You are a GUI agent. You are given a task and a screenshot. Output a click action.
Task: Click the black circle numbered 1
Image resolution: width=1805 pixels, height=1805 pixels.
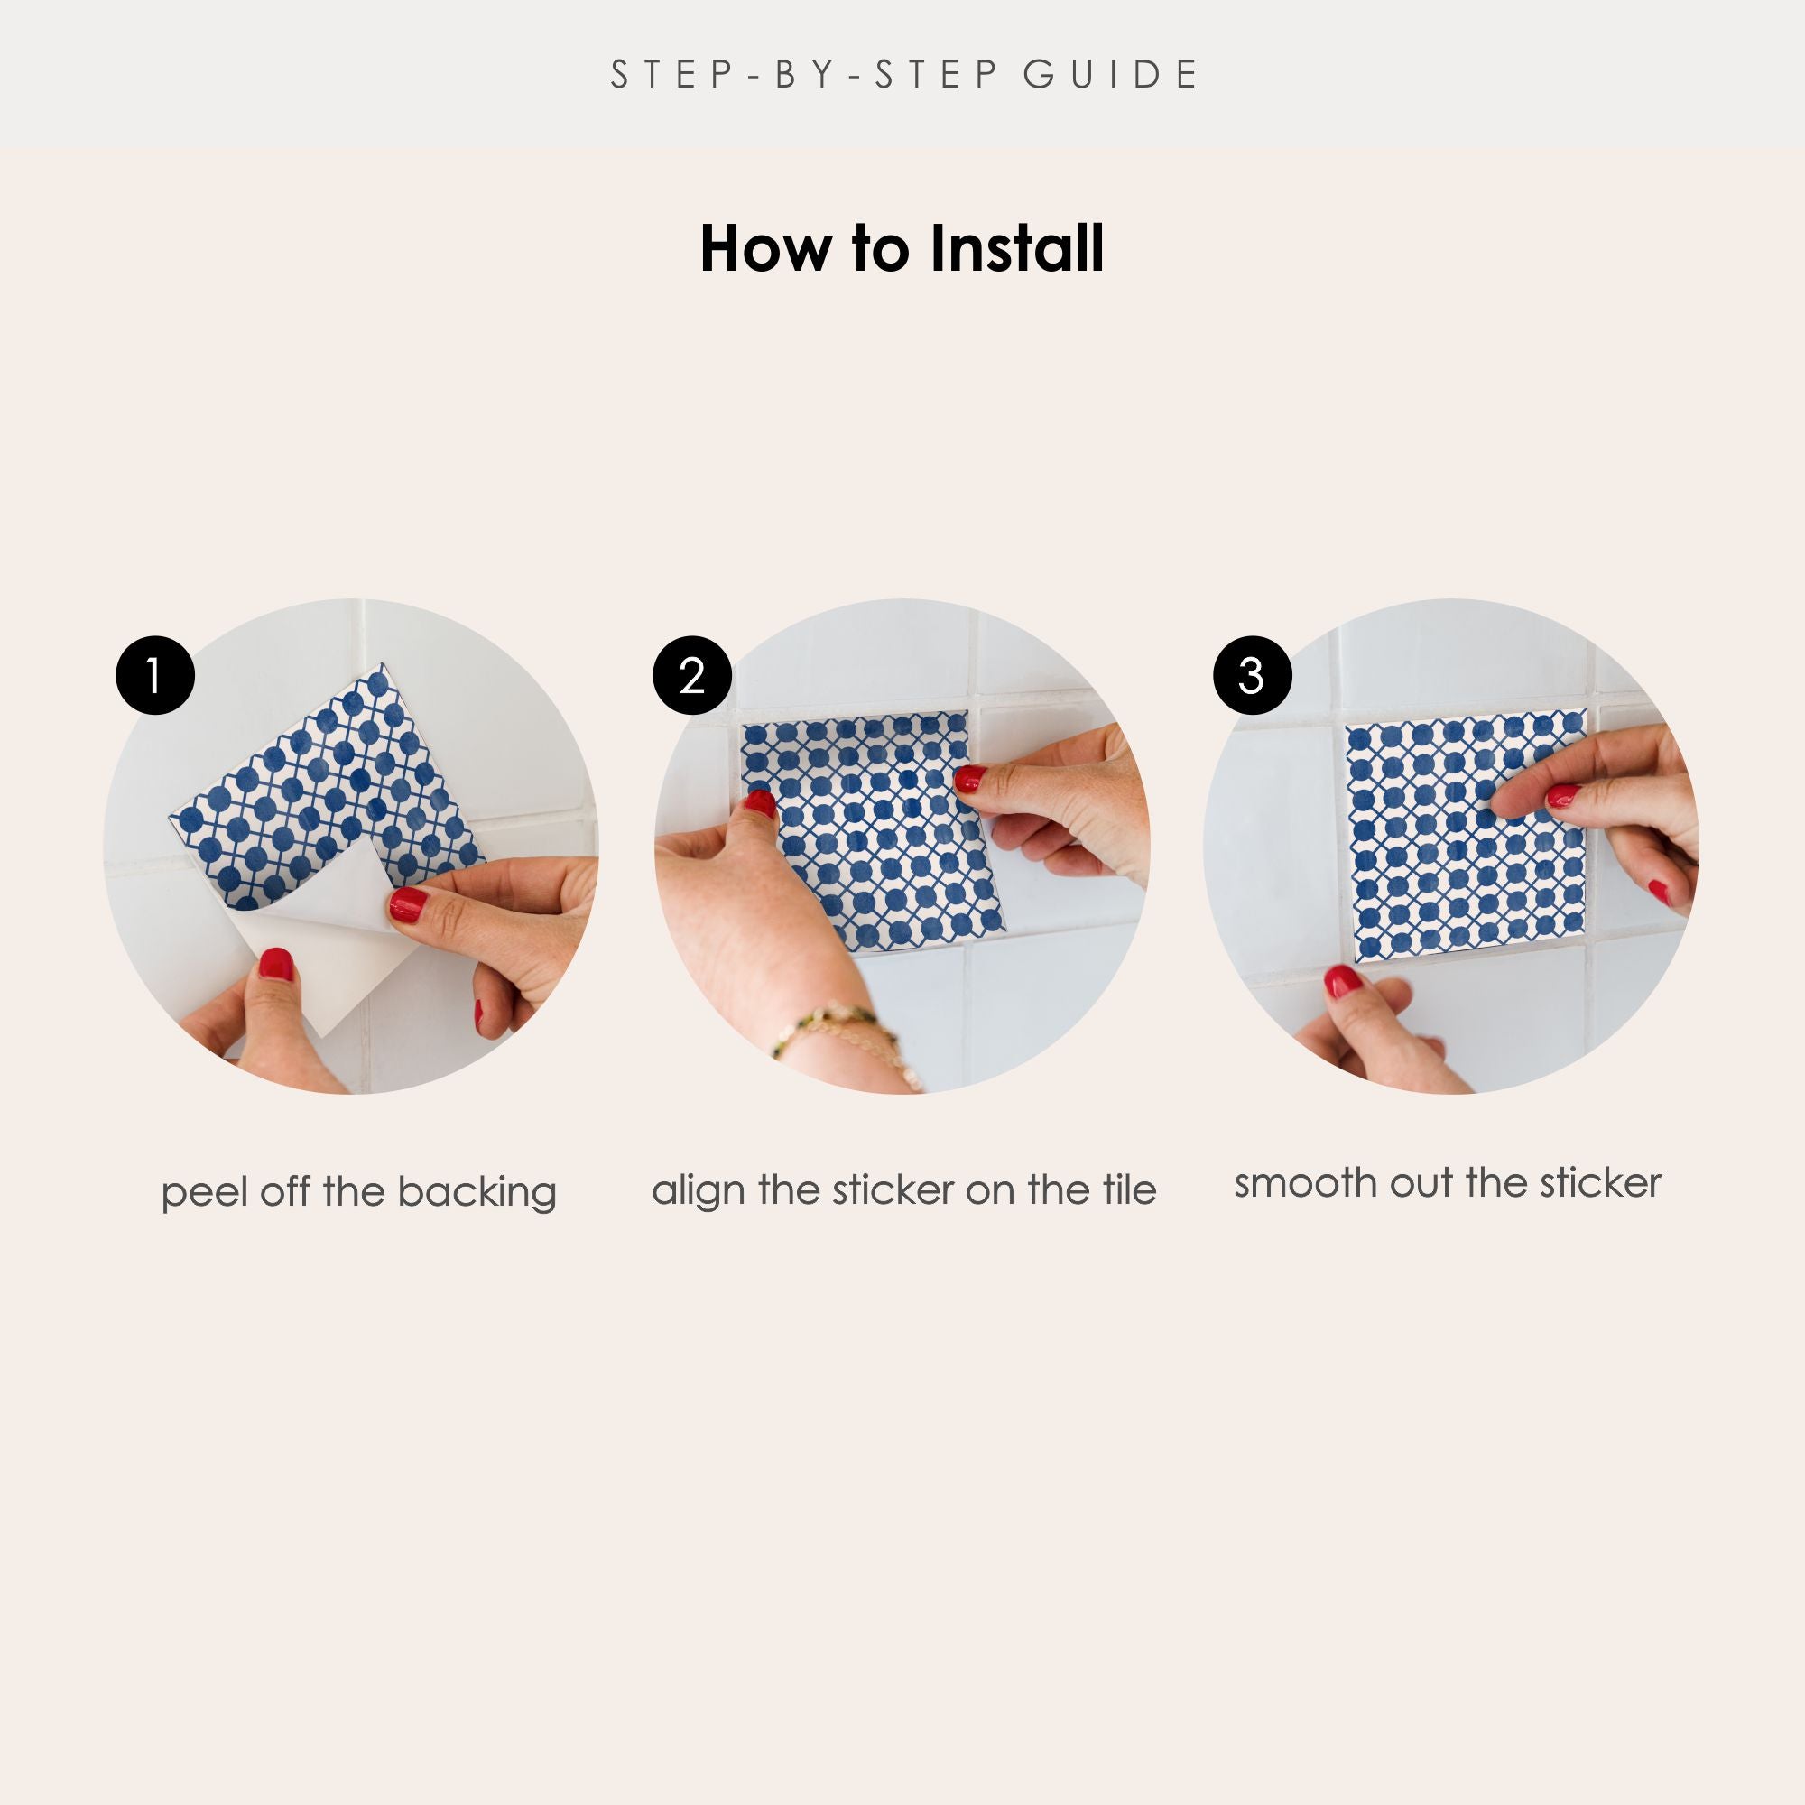pyautogui.click(x=155, y=675)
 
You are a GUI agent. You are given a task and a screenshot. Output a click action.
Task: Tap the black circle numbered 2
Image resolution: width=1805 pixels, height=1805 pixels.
pyautogui.click(x=691, y=675)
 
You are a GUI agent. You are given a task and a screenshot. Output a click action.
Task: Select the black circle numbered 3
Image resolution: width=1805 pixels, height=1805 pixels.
pyautogui.click(x=1252, y=675)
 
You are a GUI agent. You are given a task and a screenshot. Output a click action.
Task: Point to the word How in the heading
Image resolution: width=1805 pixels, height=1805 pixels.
pyautogui.click(x=765, y=249)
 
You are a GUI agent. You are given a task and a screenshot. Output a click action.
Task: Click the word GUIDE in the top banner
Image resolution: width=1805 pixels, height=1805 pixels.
pyautogui.click(x=1110, y=75)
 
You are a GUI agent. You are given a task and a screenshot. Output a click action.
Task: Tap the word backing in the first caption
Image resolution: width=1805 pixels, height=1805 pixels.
pyautogui.click(x=477, y=1193)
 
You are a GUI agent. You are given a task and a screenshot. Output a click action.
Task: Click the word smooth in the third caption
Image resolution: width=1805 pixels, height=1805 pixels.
pyautogui.click(x=1306, y=1183)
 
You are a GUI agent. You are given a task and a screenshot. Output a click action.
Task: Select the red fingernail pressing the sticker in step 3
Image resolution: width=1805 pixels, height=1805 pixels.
pyautogui.click(x=1562, y=796)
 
